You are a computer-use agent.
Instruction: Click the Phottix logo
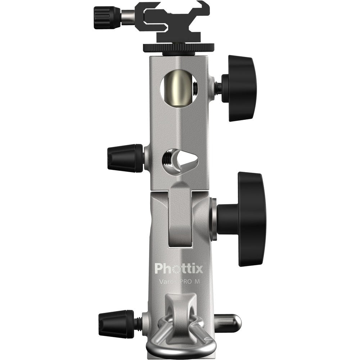point(179,268)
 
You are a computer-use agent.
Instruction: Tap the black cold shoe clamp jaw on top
point(173,22)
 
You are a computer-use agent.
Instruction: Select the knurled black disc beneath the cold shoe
point(179,47)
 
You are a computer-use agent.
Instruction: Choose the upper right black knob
point(239,88)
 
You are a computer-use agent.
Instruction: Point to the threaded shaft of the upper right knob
point(217,88)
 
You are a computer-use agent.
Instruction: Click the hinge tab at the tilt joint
point(180,216)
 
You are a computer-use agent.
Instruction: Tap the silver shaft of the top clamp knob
point(128,17)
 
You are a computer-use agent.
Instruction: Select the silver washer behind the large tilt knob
point(213,220)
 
